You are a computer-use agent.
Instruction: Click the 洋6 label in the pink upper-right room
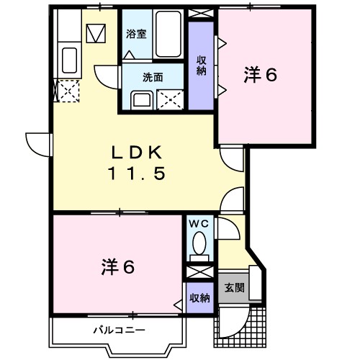tap(261, 74)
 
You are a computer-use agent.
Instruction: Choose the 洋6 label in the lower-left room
tap(117, 267)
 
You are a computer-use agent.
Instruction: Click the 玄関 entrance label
tap(233, 287)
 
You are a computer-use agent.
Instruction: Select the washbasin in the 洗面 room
tap(140, 99)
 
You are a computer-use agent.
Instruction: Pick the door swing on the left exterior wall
tap(36, 144)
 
